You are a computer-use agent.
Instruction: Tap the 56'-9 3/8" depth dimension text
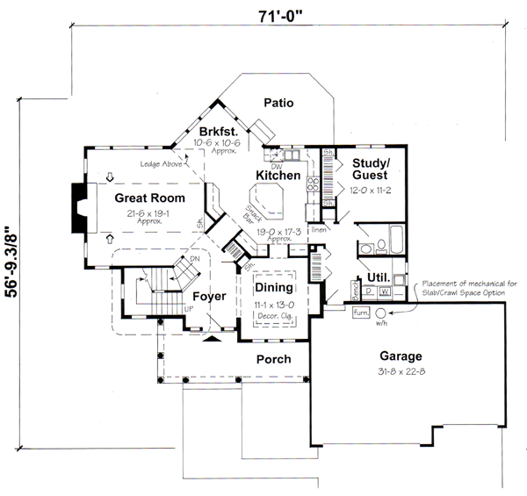(x=12, y=264)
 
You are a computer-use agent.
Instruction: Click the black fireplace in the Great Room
(x=79, y=208)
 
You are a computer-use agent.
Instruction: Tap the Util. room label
(x=379, y=277)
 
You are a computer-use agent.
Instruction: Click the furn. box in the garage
(x=359, y=312)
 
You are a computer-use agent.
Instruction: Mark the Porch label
(x=272, y=360)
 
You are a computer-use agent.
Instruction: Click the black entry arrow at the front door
(x=212, y=337)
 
